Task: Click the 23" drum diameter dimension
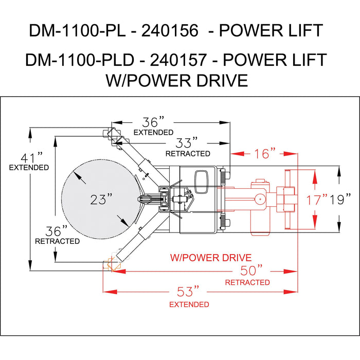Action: (x=101, y=200)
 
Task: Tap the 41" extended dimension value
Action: (x=29, y=156)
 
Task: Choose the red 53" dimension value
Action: (x=188, y=292)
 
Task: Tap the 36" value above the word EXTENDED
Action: (x=153, y=122)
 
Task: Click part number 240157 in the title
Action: (x=180, y=60)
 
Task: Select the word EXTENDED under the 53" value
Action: (x=189, y=304)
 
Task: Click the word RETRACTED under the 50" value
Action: (x=247, y=282)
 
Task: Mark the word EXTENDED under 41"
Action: (x=29, y=168)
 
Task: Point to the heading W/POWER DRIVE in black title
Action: (x=176, y=81)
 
